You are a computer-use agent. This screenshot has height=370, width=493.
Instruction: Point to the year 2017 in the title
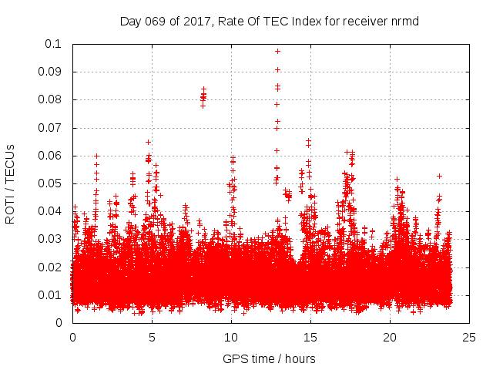(196, 21)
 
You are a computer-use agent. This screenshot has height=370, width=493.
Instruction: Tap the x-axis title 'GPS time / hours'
(269, 358)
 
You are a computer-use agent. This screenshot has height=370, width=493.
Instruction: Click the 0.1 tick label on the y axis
(55, 44)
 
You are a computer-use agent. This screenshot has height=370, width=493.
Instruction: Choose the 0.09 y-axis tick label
(52, 72)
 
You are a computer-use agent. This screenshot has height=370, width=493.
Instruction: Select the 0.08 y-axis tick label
(52, 99)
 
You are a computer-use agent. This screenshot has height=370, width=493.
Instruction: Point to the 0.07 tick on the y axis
(52, 128)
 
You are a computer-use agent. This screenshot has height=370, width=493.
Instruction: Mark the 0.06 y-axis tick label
(52, 156)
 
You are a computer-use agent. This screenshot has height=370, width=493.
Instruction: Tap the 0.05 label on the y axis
(52, 183)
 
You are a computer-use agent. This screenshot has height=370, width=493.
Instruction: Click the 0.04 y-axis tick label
(52, 211)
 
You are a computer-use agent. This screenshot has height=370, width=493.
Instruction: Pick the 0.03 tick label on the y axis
(52, 239)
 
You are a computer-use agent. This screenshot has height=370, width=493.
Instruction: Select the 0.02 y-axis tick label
(52, 267)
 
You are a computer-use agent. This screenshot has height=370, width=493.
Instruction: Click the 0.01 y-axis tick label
(52, 295)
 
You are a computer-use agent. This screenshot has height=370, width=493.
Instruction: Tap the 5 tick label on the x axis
(152, 337)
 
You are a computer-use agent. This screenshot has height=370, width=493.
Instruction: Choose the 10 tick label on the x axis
(231, 337)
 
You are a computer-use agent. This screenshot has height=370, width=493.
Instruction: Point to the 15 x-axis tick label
(310, 337)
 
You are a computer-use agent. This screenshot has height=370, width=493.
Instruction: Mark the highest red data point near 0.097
(277, 51)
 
